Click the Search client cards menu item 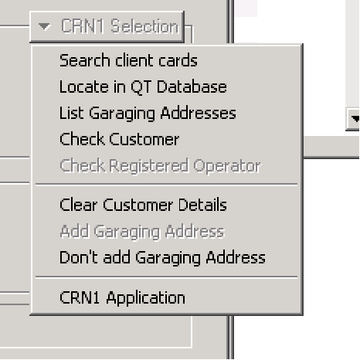pyautogui.click(x=128, y=60)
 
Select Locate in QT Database pyautogui.click(x=143, y=87)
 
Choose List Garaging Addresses pyautogui.click(x=148, y=114)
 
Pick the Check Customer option pyautogui.click(x=119, y=139)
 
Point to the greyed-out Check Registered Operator pyautogui.click(x=160, y=166)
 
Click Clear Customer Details pyautogui.click(x=143, y=205)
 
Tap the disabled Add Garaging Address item pyautogui.click(x=142, y=232)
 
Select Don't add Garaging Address pyautogui.click(x=162, y=257)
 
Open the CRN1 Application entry pyautogui.click(x=122, y=298)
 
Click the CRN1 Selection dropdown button pyautogui.click(x=107, y=27)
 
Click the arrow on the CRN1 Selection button pyautogui.click(x=44, y=26)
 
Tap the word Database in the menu pyautogui.click(x=192, y=87)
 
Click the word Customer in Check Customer pyautogui.click(x=144, y=139)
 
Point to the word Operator pyautogui.click(x=227, y=166)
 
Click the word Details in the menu pyautogui.click(x=202, y=205)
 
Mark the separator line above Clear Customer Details pyautogui.click(x=166, y=185)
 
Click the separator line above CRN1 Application pyautogui.click(x=166, y=277)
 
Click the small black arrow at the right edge pyautogui.click(x=356, y=119)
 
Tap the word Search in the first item pyautogui.click(x=85, y=60)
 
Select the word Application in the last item pyautogui.click(x=146, y=298)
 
